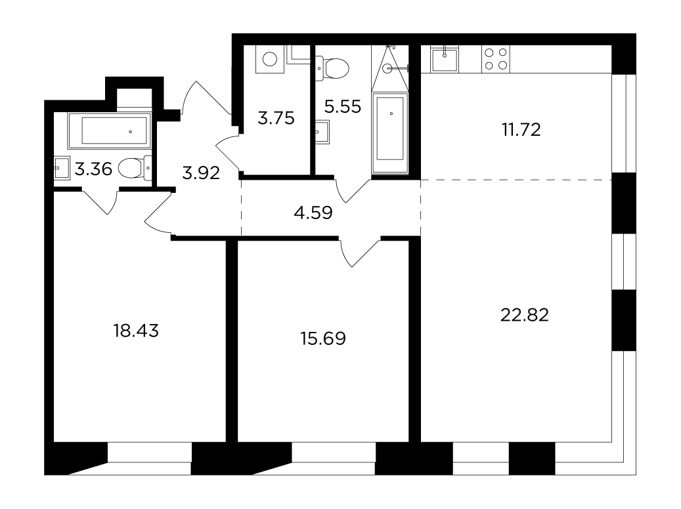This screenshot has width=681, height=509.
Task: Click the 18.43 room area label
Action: (x=136, y=331)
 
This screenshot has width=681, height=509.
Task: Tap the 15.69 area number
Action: (x=323, y=338)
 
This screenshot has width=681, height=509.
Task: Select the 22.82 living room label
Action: (x=525, y=315)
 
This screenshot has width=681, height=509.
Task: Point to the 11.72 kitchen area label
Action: (x=521, y=130)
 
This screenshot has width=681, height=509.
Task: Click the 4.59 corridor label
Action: (x=313, y=213)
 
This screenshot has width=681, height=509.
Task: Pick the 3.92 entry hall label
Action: (x=201, y=173)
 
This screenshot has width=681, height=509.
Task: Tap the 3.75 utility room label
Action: (x=276, y=118)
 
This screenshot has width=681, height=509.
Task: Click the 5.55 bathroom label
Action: (x=343, y=106)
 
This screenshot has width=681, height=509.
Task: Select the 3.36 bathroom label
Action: (x=93, y=169)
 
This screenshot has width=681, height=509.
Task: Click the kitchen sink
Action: (x=444, y=60)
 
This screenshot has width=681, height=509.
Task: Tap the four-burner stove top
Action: (x=496, y=59)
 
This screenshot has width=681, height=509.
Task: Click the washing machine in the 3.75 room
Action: (x=270, y=59)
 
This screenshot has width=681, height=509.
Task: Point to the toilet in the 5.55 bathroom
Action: (x=332, y=69)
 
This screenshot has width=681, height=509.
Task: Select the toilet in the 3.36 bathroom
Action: (x=135, y=168)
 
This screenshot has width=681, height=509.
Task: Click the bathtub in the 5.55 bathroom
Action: (x=390, y=132)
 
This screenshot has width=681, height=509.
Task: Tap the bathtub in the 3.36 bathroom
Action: (x=110, y=131)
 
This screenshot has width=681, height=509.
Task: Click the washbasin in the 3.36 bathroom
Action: (x=62, y=168)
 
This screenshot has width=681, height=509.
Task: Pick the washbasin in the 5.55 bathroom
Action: (x=322, y=131)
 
